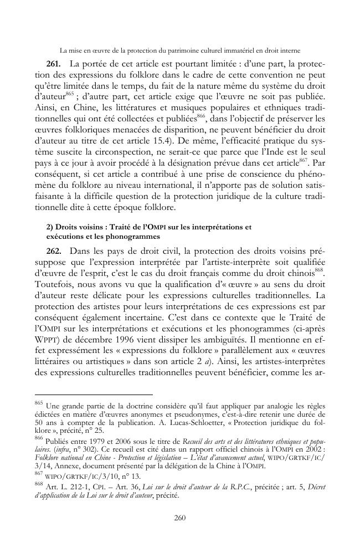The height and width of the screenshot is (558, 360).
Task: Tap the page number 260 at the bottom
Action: (180, 518)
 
